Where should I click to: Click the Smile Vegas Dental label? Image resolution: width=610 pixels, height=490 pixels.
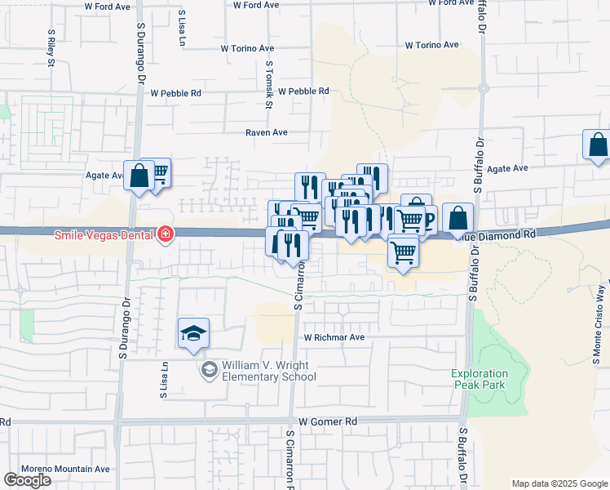tap(104, 235)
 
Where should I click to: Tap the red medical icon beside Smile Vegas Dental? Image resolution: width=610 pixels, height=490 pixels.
tap(165, 235)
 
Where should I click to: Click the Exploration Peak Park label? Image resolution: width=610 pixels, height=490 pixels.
tap(479, 379)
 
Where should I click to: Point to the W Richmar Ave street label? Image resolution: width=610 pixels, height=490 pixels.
tap(334, 336)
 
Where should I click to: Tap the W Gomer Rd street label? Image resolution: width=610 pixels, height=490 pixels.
tap(329, 421)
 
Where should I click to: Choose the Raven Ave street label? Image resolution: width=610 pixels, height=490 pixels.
tap(267, 132)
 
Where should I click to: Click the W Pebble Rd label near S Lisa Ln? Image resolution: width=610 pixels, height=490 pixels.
tap(174, 93)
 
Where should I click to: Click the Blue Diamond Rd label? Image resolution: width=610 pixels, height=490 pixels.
tap(506, 233)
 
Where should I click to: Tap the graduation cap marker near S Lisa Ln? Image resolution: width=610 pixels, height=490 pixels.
tap(194, 333)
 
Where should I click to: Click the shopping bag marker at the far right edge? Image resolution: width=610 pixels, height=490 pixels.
tap(598, 145)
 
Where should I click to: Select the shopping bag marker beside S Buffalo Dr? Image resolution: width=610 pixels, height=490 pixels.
tap(458, 218)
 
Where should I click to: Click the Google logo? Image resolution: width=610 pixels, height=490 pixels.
tap(27, 480)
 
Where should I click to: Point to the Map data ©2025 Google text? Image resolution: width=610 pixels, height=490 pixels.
tap(559, 483)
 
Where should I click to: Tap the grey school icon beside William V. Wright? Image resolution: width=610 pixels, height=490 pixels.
tap(210, 371)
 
